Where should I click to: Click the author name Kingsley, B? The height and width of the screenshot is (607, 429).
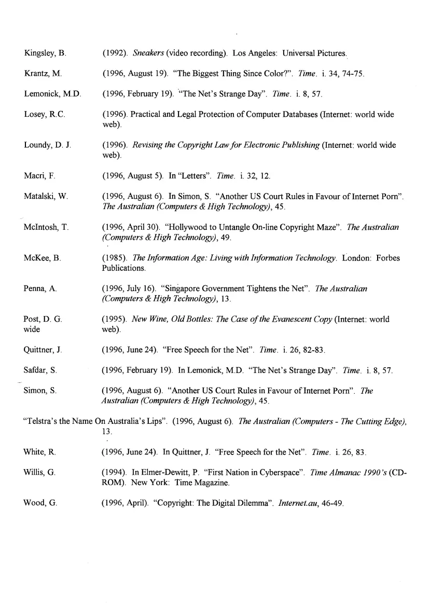pyautogui.click(x=44, y=53)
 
